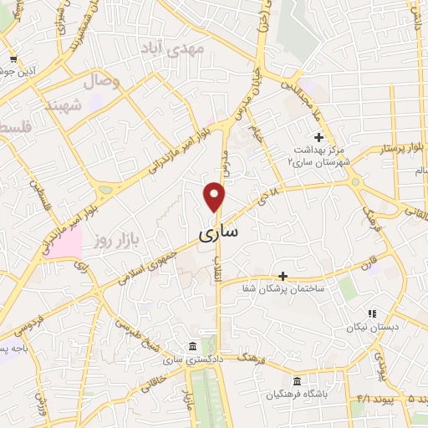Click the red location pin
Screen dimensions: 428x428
[216, 196]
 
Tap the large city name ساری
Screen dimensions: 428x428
[218, 235]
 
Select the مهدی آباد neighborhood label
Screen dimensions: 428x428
[185, 48]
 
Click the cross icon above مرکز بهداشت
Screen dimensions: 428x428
[318, 137]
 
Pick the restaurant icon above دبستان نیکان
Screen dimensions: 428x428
[372, 313]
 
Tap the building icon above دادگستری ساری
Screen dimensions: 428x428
[193, 346]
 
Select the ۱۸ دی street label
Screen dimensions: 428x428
[268, 200]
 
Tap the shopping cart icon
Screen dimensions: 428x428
[13, 59]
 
